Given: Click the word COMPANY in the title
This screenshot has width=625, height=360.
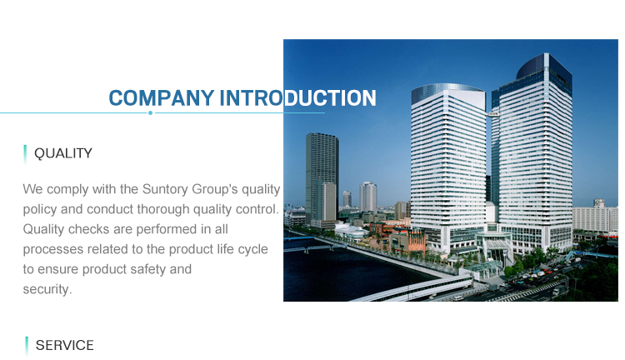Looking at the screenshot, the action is pos(162,98).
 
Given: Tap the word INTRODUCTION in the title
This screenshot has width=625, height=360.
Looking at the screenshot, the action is pos(297,98).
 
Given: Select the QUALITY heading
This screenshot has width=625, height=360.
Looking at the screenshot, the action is pos(63,153).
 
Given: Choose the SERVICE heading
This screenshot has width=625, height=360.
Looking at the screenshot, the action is pos(64,345).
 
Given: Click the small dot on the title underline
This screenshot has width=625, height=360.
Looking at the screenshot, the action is pos(150,112).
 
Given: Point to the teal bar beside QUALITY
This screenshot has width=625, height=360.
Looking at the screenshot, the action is pos(25,154).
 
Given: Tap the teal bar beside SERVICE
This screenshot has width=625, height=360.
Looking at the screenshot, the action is pos(27,346).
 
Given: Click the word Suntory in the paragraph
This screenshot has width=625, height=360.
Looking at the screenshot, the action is pos(165,189).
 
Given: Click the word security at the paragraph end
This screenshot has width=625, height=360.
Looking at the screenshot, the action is pos(47,289).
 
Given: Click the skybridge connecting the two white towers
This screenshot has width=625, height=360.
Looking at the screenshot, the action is pos(492,114).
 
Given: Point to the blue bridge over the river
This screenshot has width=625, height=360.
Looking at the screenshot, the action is pos(299,238).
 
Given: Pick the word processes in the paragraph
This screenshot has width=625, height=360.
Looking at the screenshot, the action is pos(53,250).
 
